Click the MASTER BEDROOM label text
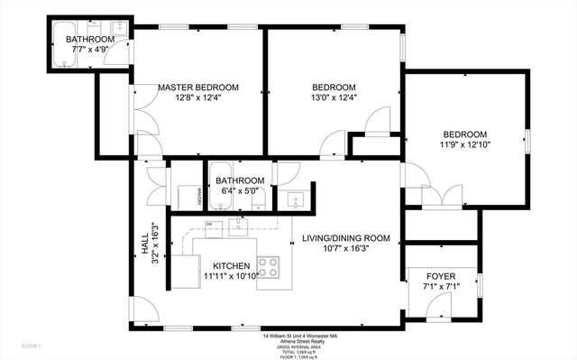(x=198, y=88)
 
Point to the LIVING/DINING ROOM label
(x=346, y=238)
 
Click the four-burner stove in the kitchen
(x=269, y=266)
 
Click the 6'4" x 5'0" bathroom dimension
(x=239, y=190)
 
